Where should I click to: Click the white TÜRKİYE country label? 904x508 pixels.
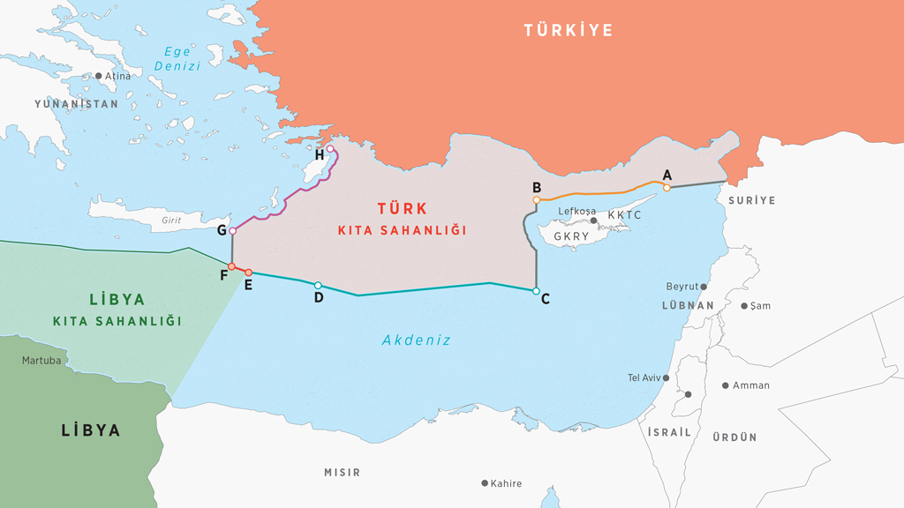pos(568,31)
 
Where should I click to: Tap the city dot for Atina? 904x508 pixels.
pos(99,76)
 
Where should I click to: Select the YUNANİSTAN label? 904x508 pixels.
pos(76,104)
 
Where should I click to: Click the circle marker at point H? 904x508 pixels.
pos(330,149)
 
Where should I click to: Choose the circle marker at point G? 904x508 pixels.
pos(232,231)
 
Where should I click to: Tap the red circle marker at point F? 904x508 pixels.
pos(231,266)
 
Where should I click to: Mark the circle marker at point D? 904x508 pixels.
pos(318,285)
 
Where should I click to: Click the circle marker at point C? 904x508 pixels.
pos(536,291)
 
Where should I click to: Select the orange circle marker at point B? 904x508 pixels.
pos(536,200)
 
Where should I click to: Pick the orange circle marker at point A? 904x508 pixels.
pos(667,187)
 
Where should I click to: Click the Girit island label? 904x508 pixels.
pos(172,220)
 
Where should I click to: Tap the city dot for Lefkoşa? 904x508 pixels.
pos(594,220)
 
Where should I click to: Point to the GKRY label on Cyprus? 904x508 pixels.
pos(572,237)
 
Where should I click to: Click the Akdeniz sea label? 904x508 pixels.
pos(416,340)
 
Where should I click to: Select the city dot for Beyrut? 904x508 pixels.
pos(704,287)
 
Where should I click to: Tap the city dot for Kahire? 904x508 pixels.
pos(485,483)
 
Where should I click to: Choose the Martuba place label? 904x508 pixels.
pos(41,361)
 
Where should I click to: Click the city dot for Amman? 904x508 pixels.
pos(726,385)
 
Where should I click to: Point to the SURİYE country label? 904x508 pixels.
pos(751,200)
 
